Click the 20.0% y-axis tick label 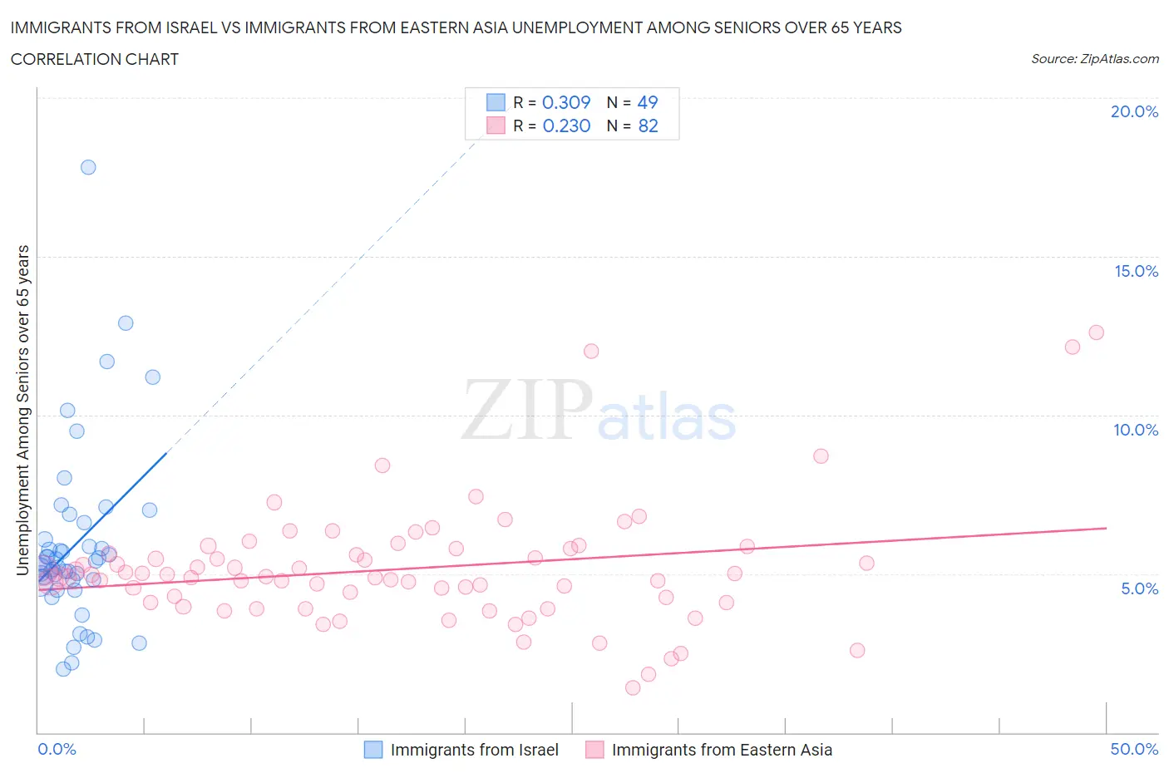pyautogui.click(x=1134, y=111)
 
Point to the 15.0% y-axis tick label pyautogui.click(x=1136, y=271)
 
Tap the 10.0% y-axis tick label pyautogui.click(x=1136, y=430)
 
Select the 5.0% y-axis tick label pyautogui.click(x=1139, y=588)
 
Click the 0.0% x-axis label pyautogui.click(x=57, y=749)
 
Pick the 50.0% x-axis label pyautogui.click(x=1134, y=749)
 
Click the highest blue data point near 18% pyautogui.click(x=88, y=167)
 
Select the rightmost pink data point pyautogui.click(x=1096, y=332)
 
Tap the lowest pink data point pyautogui.click(x=633, y=687)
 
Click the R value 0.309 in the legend pyautogui.click(x=565, y=102)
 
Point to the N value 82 pyautogui.click(x=648, y=126)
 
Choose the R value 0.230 pyautogui.click(x=566, y=126)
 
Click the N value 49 pyautogui.click(x=647, y=102)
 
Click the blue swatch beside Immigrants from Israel pyautogui.click(x=373, y=750)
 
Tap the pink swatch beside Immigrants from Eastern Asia pyautogui.click(x=594, y=750)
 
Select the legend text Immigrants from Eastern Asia pyautogui.click(x=722, y=750)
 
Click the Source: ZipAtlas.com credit pyautogui.click(x=1094, y=58)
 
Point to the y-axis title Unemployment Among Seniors pyautogui.click(x=22, y=410)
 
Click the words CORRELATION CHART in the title pyautogui.click(x=95, y=59)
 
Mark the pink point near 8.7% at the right pyautogui.click(x=821, y=455)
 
